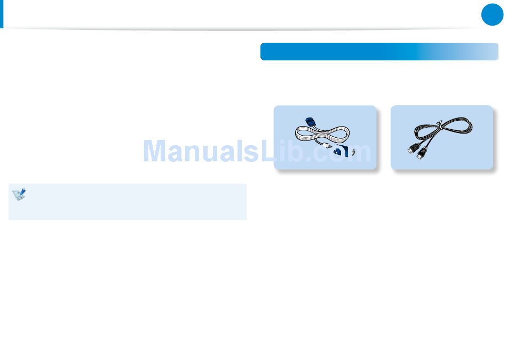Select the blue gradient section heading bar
379,52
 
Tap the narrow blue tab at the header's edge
2,13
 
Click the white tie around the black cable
439,126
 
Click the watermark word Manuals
194,152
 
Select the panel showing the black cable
441,137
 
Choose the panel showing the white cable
324,137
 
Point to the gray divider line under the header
240,29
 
